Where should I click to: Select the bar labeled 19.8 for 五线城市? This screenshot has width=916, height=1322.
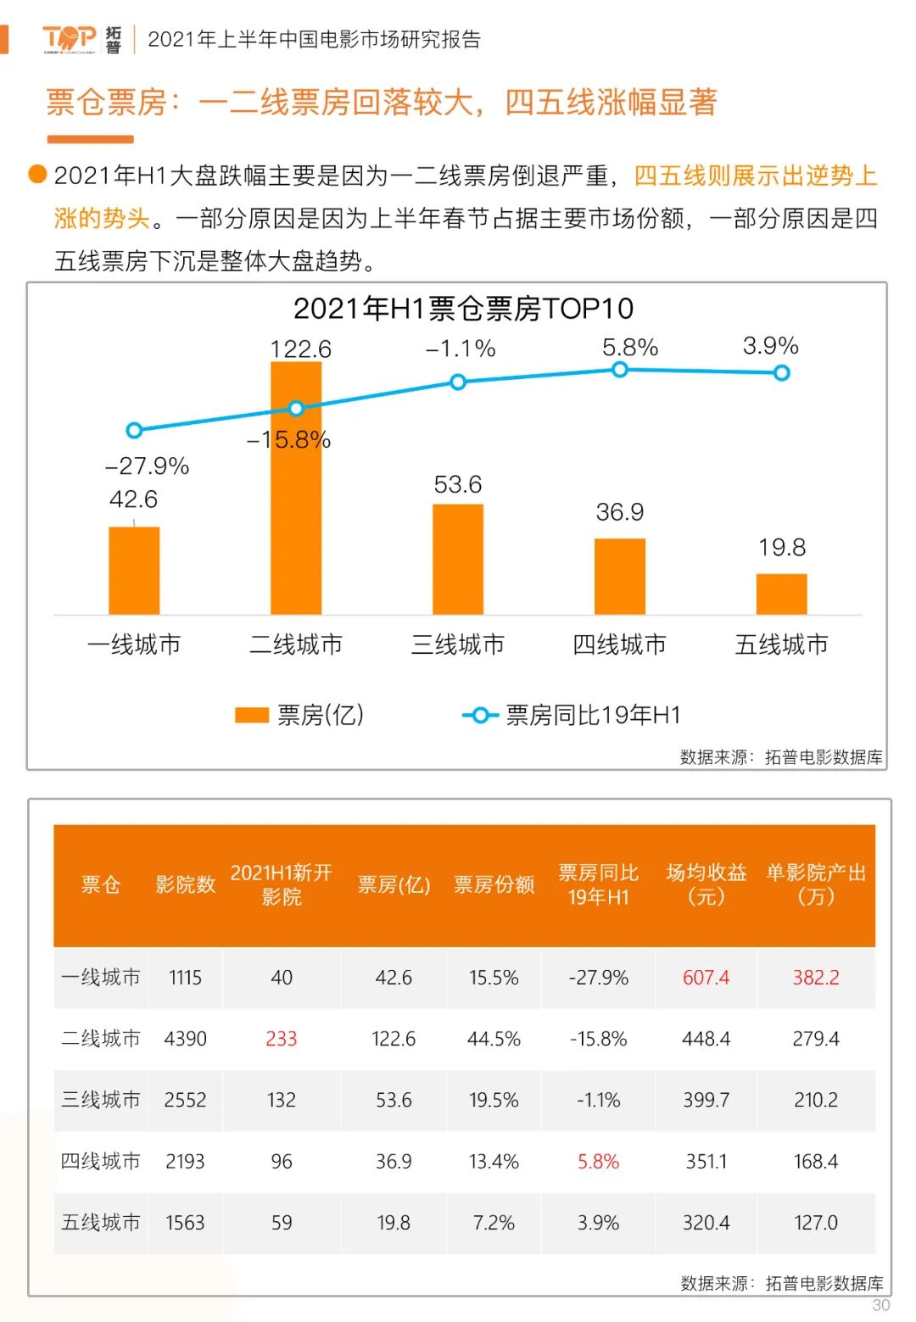point(781,594)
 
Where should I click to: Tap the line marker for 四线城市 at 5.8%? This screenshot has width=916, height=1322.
point(620,370)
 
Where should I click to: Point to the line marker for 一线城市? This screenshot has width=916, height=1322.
point(134,431)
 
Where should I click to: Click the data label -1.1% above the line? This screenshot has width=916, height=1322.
point(461,349)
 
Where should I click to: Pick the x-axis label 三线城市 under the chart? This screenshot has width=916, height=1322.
point(458,644)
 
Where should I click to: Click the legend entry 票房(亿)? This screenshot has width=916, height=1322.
point(299,715)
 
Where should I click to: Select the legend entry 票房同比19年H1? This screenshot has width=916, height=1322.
point(572,715)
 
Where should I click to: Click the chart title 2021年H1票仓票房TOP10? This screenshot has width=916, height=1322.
point(463,309)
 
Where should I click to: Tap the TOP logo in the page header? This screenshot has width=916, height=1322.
point(70,38)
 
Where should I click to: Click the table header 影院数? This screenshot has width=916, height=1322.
point(185,884)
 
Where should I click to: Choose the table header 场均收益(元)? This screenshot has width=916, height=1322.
point(706,884)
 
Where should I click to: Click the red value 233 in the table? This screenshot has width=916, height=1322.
point(282,1039)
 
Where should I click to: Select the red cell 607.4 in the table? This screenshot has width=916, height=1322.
point(706,978)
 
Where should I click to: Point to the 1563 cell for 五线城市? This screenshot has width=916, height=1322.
point(185,1223)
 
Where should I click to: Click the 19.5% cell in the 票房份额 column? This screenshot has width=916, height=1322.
point(494,1100)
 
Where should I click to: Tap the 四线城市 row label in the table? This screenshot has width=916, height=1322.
point(100,1161)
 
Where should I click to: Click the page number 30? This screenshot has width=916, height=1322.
point(881,1305)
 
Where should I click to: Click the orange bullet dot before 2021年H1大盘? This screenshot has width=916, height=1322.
point(37,174)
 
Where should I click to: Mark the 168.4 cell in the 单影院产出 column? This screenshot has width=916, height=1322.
point(815,1161)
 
